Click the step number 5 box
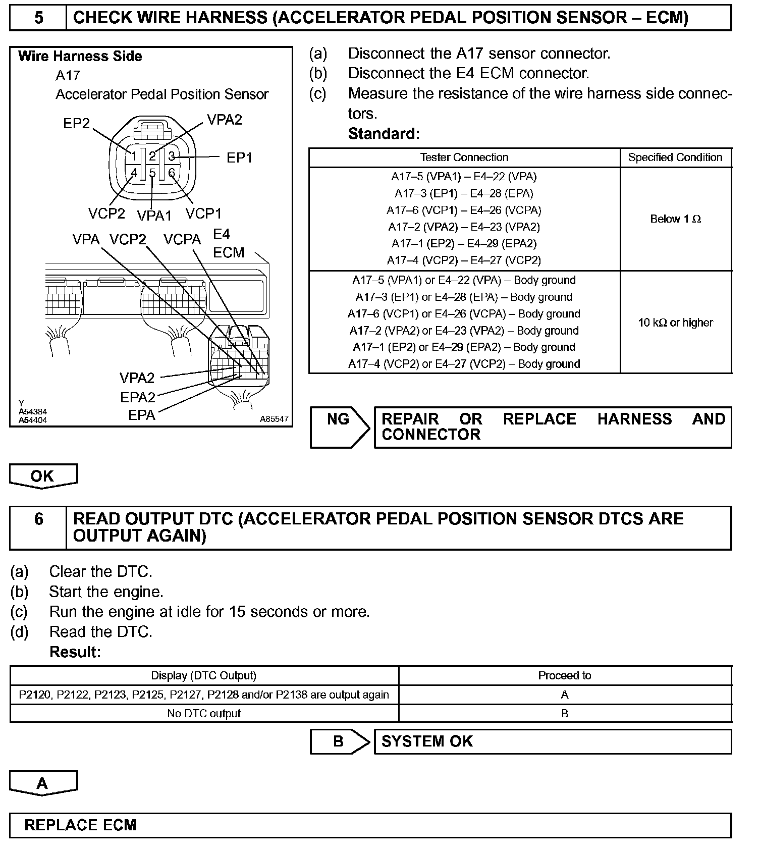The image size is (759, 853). (x=38, y=18)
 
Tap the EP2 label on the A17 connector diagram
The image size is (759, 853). (x=76, y=124)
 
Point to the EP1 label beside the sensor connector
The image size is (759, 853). (x=239, y=158)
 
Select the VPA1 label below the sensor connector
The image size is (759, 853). (x=154, y=216)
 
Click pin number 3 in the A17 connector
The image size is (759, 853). (x=172, y=156)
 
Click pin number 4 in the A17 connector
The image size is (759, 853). (x=134, y=173)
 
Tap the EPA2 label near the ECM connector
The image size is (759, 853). (x=137, y=398)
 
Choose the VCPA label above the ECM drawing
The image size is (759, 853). (x=182, y=240)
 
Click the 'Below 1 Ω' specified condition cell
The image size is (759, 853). (x=675, y=219)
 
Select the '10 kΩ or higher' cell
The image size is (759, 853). (x=675, y=323)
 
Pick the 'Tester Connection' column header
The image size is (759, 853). (x=464, y=157)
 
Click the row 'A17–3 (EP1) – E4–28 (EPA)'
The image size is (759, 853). (x=464, y=193)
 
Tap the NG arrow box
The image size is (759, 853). (x=339, y=427)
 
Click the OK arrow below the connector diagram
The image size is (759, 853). (x=43, y=476)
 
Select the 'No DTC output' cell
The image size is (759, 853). (x=204, y=714)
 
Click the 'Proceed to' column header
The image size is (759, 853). (x=564, y=676)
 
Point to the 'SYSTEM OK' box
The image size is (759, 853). (x=552, y=741)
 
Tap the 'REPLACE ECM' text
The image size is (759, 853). (x=80, y=825)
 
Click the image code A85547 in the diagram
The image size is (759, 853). (x=274, y=419)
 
